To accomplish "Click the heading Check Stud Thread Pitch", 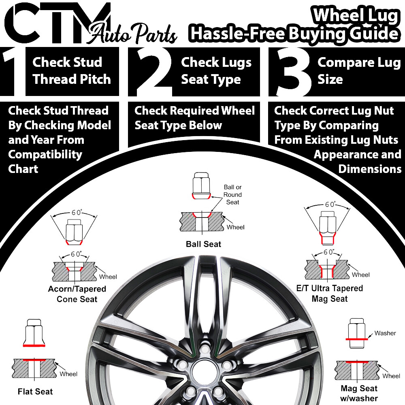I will pyautogui.click(x=71, y=71).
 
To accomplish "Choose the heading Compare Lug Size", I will pyautogui.click(x=358, y=71).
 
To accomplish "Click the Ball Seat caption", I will pyautogui.click(x=203, y=244).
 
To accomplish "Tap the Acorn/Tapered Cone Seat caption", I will pyautogui.click(x=77, y=294).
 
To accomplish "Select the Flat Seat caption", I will pyautogui.click(x=35, y=391).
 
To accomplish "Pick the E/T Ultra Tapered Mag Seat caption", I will pyautogui.click(x=330, y=294).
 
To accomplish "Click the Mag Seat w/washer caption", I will pyautogui.click(x=359, y=393).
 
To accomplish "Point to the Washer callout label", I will pyautogui.click(x=385, y=333).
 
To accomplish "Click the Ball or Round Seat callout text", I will pyautogui.click(x=232, y=194).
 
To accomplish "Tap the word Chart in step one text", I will pyautogui.click(x=23, y=168).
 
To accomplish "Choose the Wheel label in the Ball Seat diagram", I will pyautogui.click(x=235, y=227).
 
